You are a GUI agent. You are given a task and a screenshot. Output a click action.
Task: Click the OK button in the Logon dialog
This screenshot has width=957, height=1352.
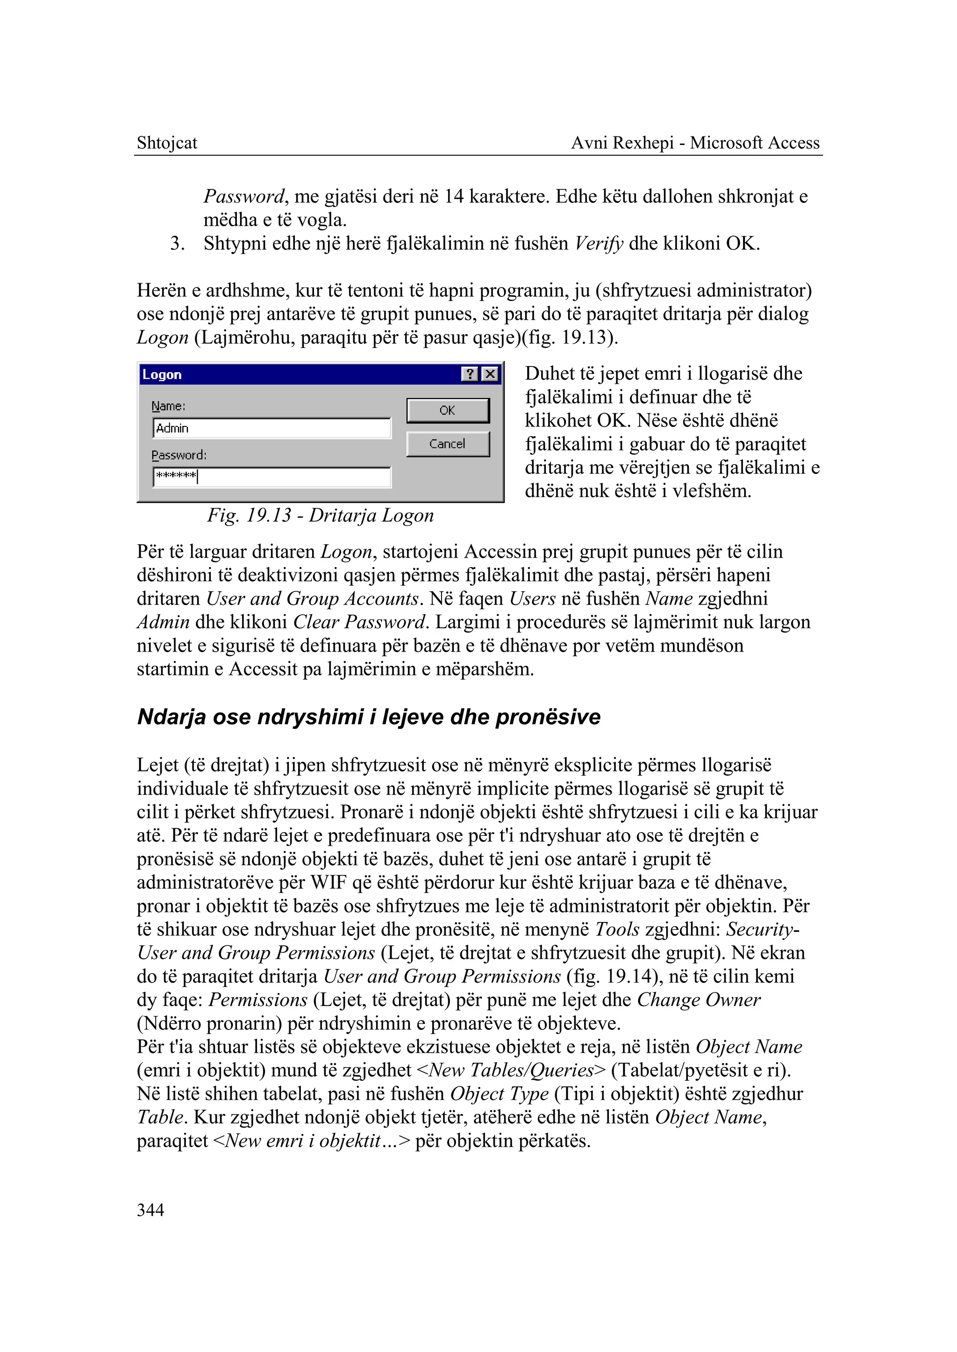(447, 410)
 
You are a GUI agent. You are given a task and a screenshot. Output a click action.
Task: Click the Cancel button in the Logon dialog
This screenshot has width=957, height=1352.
(447, 444)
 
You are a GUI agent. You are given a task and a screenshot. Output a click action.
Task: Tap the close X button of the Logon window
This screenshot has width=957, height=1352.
(490, 374)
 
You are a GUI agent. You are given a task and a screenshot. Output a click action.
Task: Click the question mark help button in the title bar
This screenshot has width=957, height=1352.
(470, 374)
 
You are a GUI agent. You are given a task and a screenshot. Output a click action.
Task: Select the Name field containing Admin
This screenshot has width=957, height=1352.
(271, 428)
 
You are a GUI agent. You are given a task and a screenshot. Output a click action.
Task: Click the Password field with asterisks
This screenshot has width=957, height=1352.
(271, 476)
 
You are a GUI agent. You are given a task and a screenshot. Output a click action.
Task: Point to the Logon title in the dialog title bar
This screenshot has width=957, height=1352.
(162, 374)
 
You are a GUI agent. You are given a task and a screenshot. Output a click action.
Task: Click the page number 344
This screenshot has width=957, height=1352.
(150, 1210)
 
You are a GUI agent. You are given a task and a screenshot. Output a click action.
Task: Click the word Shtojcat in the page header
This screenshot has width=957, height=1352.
(167, 143)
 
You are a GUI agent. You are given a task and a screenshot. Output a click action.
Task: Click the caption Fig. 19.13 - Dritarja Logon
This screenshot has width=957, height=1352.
(320, 515)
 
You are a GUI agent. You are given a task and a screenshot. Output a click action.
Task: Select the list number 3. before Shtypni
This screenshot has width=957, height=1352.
(177, 243)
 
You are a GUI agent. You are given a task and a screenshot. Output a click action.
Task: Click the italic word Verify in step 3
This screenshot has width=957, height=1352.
(599, 243)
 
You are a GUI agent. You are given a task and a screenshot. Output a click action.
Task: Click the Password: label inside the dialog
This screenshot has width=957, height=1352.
(179, 455)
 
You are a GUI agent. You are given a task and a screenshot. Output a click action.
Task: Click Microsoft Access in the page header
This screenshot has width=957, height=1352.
(754, 143)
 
